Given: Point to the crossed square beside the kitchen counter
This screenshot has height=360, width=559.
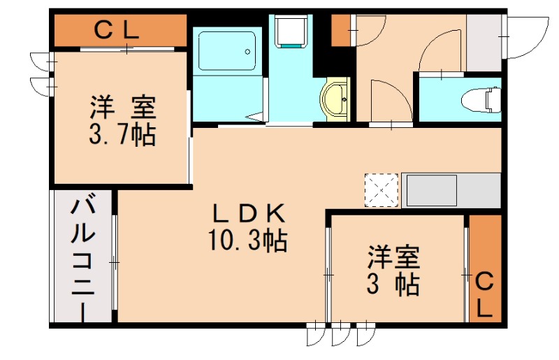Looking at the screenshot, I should [x=381, y=189].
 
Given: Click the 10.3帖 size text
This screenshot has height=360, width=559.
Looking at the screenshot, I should [x=247, y=241].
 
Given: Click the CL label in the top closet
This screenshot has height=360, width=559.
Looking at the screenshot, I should [x=117, y=30].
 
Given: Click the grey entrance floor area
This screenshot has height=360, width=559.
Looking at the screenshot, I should [x=484, y=42].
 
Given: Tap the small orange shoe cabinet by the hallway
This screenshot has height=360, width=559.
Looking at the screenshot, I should [x=340, y=30].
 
